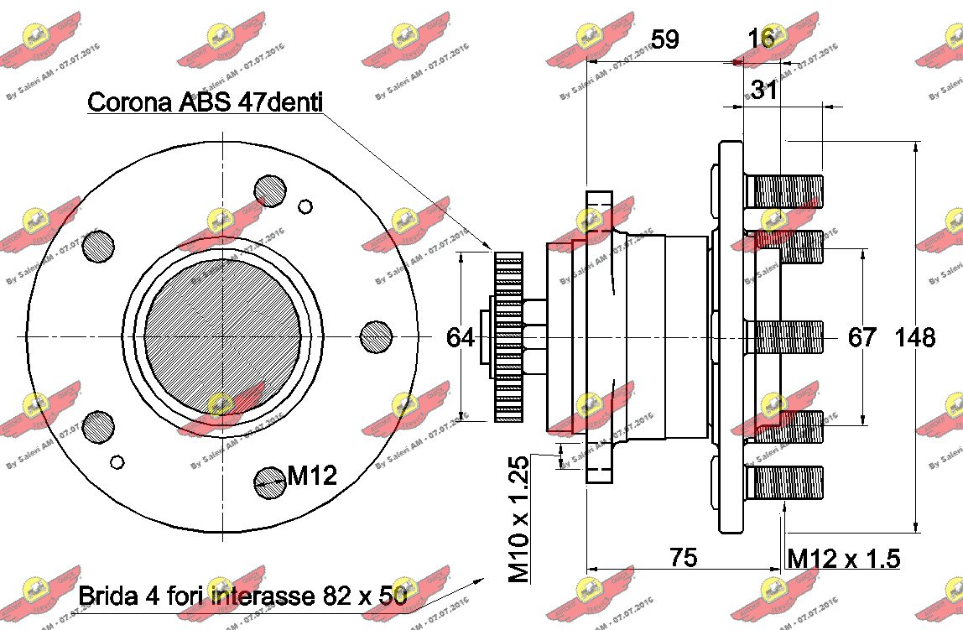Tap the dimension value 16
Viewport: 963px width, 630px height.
[761, 39]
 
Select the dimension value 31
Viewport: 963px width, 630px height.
[763, 90]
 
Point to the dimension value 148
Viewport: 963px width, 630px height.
[914, 337]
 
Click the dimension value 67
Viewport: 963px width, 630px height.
[862, 337]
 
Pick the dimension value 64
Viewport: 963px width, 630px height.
[461, 337]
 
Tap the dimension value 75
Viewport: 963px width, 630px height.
[684, 557]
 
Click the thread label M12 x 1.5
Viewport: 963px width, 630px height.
[844, 558]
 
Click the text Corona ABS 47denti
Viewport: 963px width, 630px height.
[206, 102]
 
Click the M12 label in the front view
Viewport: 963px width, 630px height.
[312, 476]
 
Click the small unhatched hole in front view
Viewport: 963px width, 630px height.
[305, 206]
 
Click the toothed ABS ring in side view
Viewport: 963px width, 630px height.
[508, 336]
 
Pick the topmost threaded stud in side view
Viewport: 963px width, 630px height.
[783, 191]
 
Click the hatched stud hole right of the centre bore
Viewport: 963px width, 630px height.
[377, 336]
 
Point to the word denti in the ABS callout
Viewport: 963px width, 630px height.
[292, 102]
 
